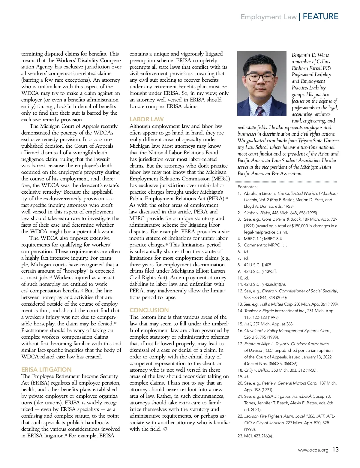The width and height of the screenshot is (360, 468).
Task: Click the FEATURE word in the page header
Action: pos(320,17)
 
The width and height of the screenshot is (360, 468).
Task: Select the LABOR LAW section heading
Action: pos(146,119)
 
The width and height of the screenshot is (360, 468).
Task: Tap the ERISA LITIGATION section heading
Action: pos(46,370)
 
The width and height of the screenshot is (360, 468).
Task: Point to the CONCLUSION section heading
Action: pos(149,310)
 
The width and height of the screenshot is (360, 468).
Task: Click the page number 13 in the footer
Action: pos(335,449)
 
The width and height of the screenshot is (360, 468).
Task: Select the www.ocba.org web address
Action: pos(313,450)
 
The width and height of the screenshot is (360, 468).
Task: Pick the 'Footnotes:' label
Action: pos(247,187)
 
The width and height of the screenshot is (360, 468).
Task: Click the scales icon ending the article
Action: pos(165,429)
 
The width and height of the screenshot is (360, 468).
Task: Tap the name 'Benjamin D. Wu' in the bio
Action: pos(310,55)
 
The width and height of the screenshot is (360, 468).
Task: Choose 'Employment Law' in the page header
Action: pos(268,17)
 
